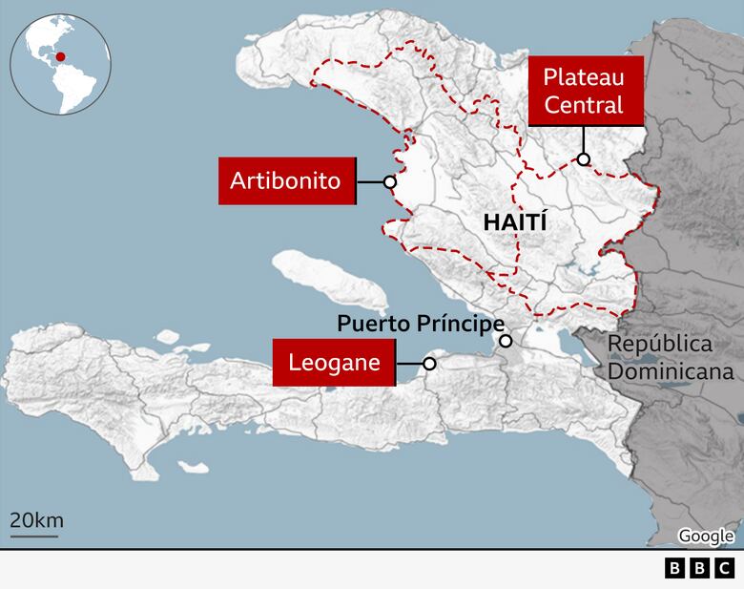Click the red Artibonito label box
click(x=287, y=180)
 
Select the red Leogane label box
click(x=335, y=363)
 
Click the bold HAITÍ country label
click(x=515, y=222)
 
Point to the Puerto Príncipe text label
click(x=420, y=324)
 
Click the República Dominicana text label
click(x=671, y=357)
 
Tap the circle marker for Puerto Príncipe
click(x=506, y=341)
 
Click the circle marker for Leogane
click(x=429, y=364)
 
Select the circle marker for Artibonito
click(x=389, y=181)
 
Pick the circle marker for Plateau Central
click(x=583, y=159)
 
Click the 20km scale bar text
click(x=36, y=520)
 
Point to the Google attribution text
click(x=706, y=536)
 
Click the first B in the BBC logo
click(x=675, y=569)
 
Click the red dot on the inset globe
click(x=60, y=56)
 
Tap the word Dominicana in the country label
click(x=671, y=371)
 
